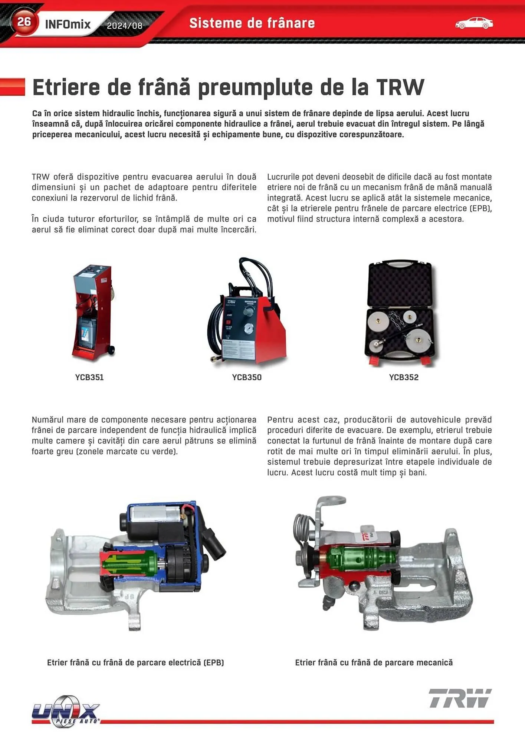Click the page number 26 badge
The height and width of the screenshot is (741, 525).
tap(24, 22)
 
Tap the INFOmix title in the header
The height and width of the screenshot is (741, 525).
tap(68, 24)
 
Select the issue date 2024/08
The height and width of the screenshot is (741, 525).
tap(125, 26)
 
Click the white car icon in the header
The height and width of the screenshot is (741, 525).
tap(474, 23)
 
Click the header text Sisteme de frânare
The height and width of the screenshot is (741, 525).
tap(252, 23)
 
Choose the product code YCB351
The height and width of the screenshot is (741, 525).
tap(89, 377)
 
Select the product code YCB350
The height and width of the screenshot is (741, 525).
tap(247, 377)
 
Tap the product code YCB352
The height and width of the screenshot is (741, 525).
tap(404, 377)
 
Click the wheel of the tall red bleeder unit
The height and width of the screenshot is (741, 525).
tap(111, 349)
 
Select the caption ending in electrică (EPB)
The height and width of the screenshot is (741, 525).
tap(135, 662)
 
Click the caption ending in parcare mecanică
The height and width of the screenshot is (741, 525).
tap(374, 662)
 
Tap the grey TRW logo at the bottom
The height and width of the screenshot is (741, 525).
tap(460, 698)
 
